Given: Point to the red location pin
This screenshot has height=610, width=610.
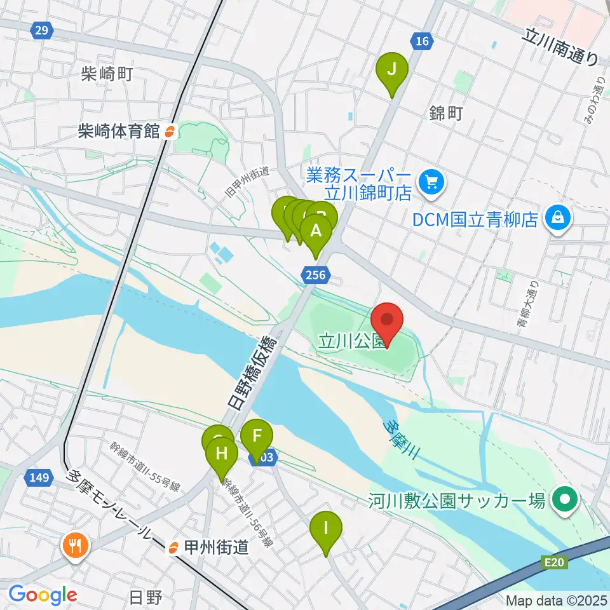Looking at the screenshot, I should (387, 321).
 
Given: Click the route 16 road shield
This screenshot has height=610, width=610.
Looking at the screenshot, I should (422, 41).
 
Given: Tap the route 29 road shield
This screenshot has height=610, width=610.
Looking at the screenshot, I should (41, 29).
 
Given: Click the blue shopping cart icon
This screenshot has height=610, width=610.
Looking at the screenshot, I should (433, 182).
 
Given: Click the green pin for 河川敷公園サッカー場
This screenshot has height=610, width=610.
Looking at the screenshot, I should (564, 501).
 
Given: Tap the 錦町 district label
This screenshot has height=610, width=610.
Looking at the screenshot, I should (446, 114).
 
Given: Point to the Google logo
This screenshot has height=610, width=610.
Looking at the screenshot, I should (42, 595).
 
